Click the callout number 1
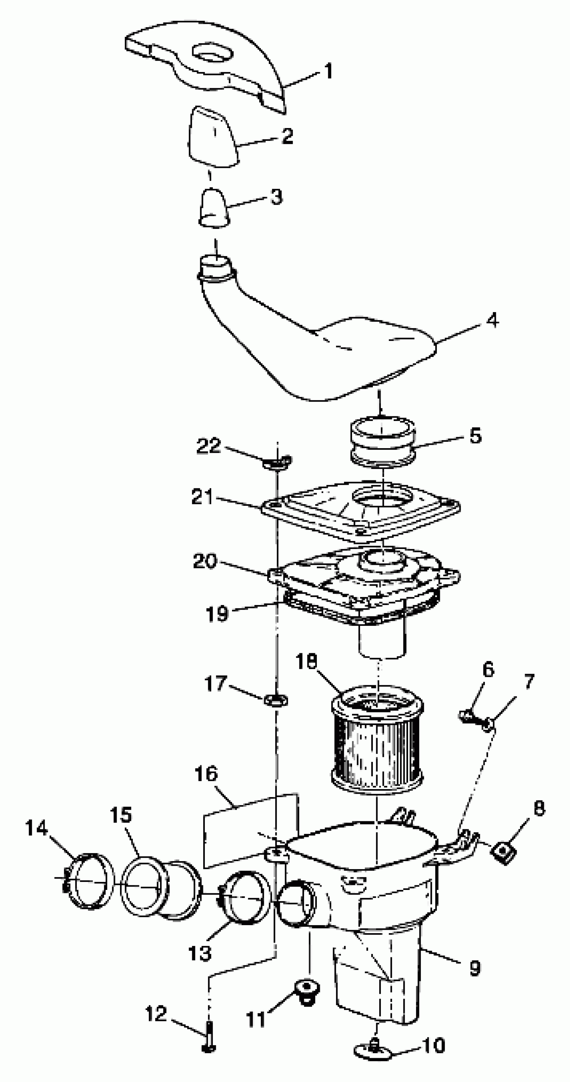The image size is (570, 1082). [x=329, y=71]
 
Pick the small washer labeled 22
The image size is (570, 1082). [x=277, y=462]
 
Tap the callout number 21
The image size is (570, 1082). [x=203, y=497]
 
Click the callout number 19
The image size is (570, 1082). [x=217, y=614]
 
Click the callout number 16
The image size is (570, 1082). [x=206, y=773]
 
